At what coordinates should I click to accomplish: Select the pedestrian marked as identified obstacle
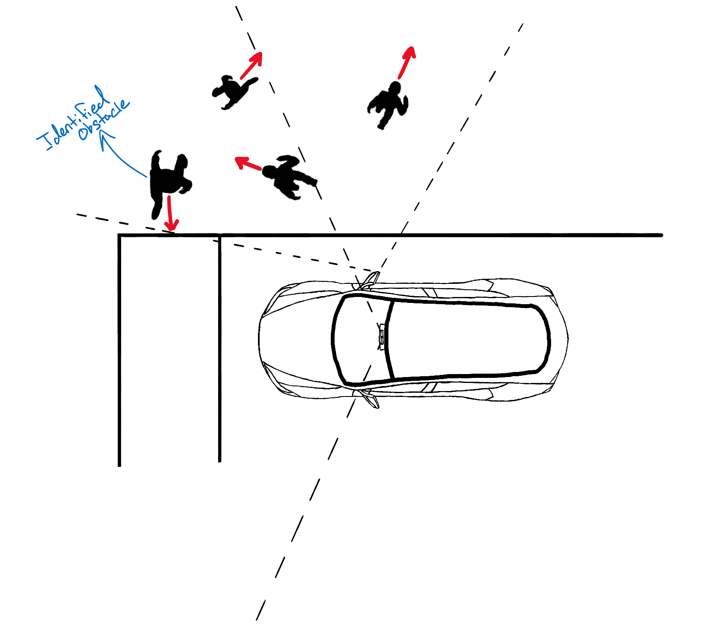[168, 180]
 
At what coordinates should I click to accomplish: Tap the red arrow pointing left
[248, 163]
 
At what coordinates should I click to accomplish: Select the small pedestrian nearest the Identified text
[233, 92]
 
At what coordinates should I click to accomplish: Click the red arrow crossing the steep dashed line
[252, 66]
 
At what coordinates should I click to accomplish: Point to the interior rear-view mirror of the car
[381, 337]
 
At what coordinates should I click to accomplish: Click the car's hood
[296, 339]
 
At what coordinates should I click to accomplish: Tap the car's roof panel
[466, 339]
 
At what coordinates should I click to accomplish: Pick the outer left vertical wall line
[119, 352]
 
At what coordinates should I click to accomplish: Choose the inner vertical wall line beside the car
[220, 352]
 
